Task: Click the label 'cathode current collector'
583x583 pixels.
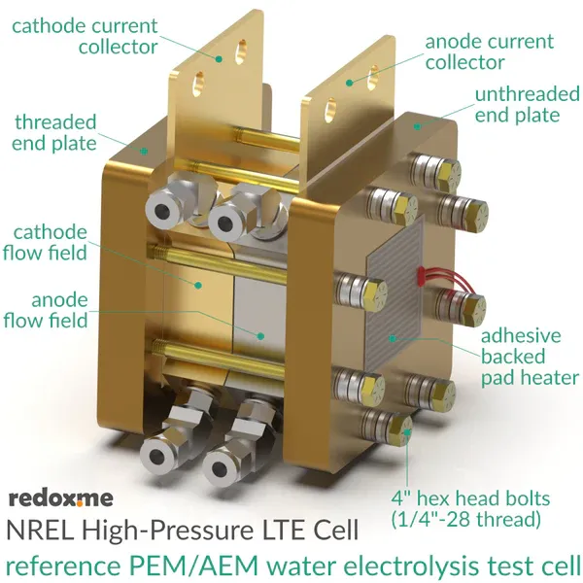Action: (85, 37)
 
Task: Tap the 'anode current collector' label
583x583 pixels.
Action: (490, 51)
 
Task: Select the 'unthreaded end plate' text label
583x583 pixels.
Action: (528, 105)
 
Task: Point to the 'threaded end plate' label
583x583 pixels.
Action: (54, 133)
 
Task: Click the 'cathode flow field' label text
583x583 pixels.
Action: (45, 243)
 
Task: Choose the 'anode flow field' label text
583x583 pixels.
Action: (46, 311)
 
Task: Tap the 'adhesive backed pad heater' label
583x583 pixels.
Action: (530, 357)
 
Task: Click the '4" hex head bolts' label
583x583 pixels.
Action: (470, 498)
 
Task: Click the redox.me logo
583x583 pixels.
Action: (60, 498)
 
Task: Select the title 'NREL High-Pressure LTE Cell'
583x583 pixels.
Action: (183, 531)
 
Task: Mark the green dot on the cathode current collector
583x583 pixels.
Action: (219, 58)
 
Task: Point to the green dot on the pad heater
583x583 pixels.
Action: (392, 338)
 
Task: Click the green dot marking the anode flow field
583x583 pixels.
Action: (261, 336)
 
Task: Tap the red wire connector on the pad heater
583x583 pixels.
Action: (420, 277)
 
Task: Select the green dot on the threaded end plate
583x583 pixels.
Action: (144, 151)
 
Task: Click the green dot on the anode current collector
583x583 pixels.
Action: (349, 83)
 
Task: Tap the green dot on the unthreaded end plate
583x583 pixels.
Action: (418, 126)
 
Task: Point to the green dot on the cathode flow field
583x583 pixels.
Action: (198, 285)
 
